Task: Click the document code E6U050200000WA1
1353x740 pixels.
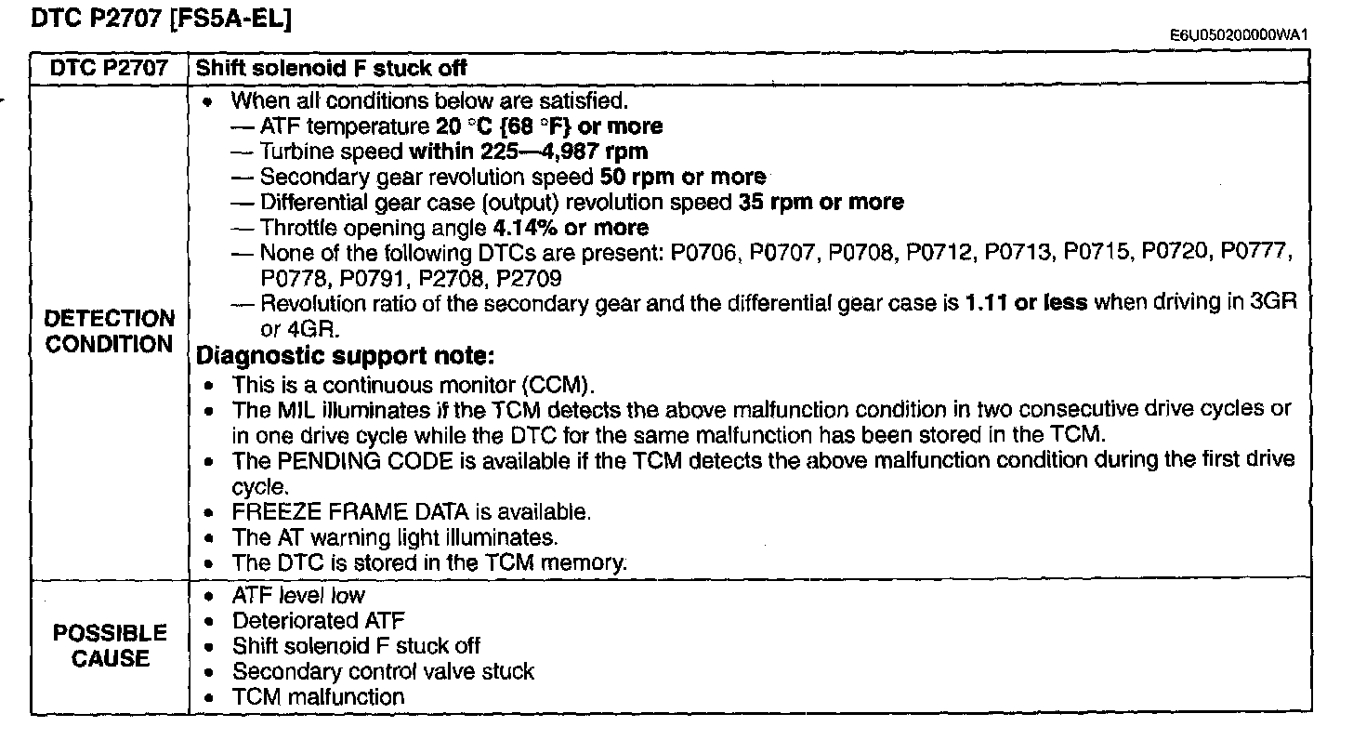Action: point(1239,34)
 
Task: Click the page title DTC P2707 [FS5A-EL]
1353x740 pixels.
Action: point(162,19)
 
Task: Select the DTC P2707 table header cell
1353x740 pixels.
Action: point(110,68)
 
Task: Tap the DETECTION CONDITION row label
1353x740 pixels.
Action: point(110,331)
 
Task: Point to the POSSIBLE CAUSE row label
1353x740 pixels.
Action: point(110,645)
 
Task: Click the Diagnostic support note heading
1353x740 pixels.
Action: point(346,356)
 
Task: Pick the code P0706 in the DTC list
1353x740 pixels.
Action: point(705,253)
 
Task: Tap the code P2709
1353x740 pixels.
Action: point(529,279)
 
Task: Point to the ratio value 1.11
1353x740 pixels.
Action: point(986,302)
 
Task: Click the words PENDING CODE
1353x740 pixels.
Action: point(365,461)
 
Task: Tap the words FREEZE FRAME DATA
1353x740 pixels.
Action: point(350,512)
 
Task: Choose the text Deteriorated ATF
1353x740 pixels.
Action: point(319,620)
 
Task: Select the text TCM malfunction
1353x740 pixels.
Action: point(319,697)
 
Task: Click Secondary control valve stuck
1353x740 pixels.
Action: point(383,672)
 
